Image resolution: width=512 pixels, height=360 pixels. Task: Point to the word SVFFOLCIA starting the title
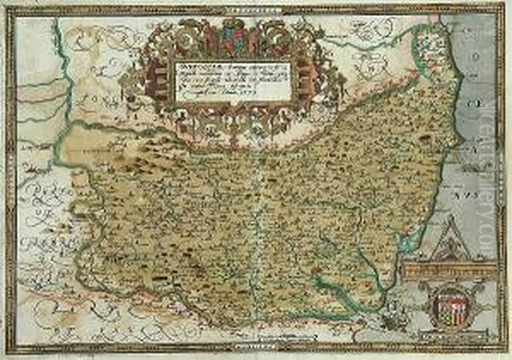coord(194,62)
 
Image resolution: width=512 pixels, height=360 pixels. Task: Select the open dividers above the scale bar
coord(449,248)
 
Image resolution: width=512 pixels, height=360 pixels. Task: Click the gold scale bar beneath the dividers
coord(451,269)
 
